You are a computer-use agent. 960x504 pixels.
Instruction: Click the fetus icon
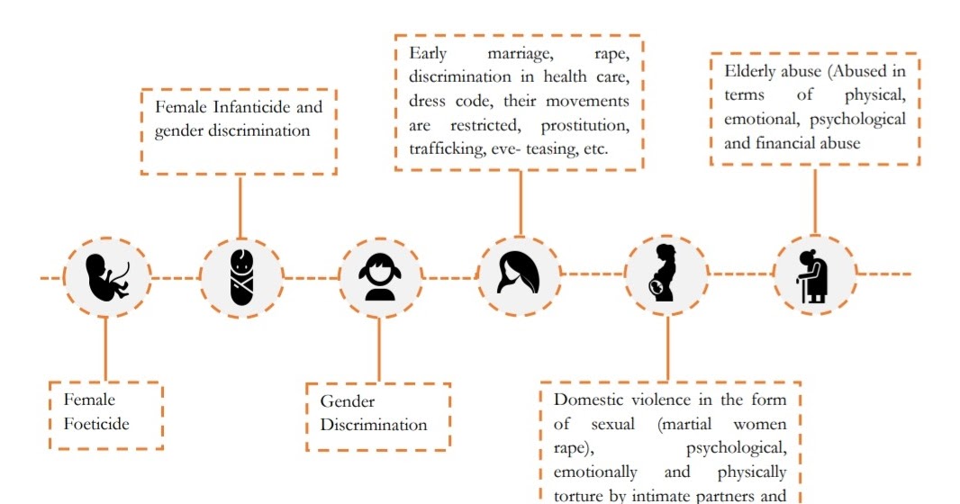(107, 276)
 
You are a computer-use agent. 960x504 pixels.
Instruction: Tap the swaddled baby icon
(241, 276)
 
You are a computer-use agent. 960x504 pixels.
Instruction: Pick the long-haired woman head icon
(519, 274)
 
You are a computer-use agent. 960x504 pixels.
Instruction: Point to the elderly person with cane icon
(812, 275)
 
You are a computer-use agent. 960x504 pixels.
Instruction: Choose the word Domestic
(593, 400)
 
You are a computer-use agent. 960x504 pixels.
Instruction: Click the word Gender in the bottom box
(348, 401)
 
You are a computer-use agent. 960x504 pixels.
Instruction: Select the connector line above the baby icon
(240, 207)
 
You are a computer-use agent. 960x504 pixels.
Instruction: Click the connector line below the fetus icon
(106, 347)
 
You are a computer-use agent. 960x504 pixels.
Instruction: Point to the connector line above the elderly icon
(814, 200)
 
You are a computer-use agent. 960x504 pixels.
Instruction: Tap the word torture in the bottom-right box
(578, 494)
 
